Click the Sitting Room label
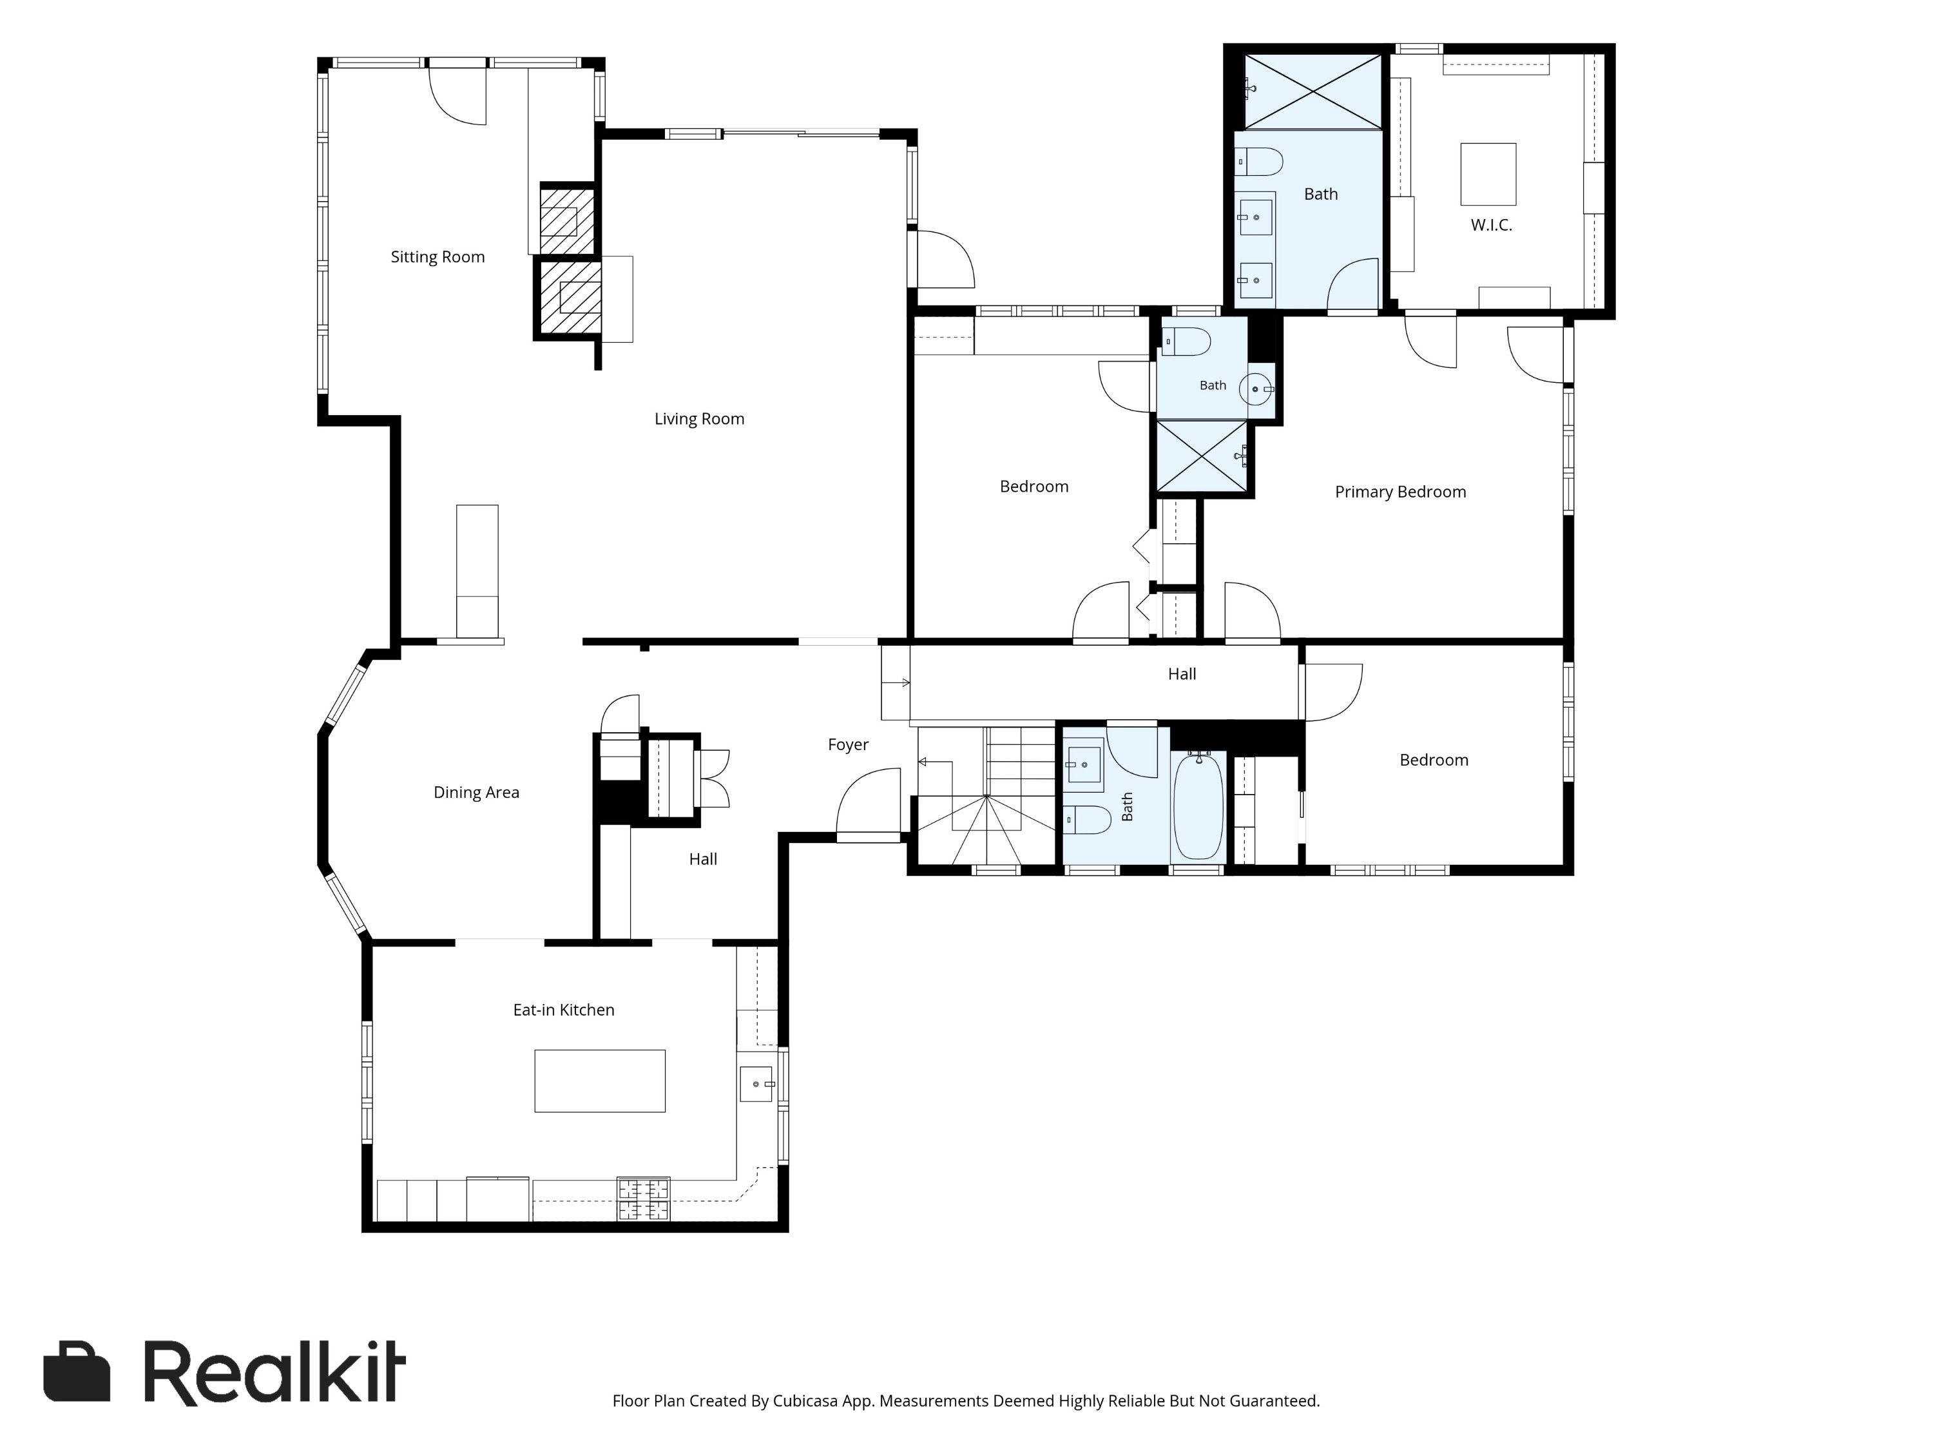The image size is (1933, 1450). coord(437,257)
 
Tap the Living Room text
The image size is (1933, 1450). coord(699,420)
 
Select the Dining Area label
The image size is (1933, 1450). coord(476,793)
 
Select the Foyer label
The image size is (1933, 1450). coord(849,745)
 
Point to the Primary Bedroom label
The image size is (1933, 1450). coord(1400,492)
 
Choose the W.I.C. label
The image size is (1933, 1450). coord(1491,226)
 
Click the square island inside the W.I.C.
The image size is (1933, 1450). coord(1488,174)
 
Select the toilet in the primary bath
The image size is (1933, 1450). coord(1258,162)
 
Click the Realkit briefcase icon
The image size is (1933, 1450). coord(77,1371)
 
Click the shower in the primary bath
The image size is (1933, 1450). coord(1313,92)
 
